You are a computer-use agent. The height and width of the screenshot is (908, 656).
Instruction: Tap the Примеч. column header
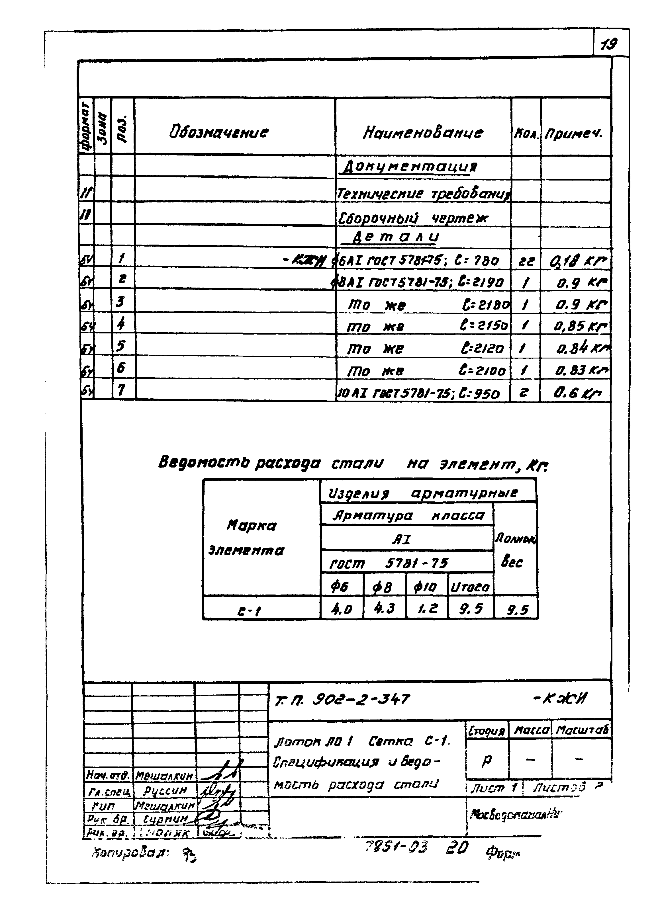573,133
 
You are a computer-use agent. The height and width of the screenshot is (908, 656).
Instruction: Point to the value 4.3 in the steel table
384,608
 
